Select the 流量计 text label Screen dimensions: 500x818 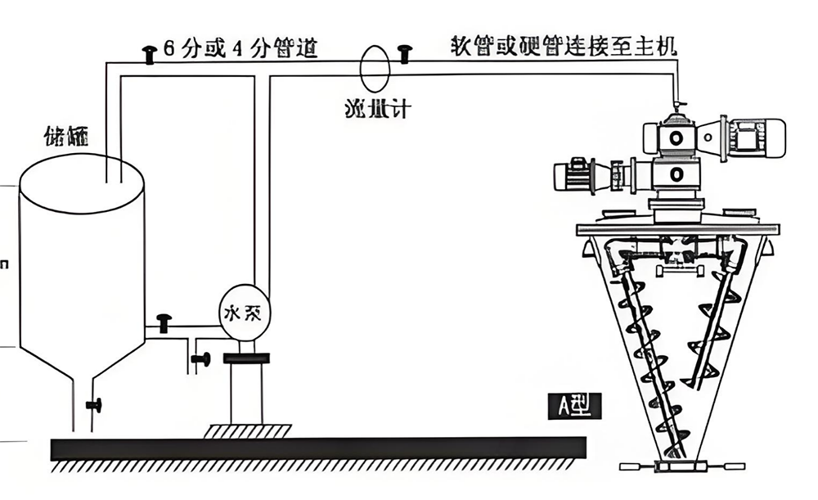pos(375,107)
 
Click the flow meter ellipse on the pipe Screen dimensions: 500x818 pos(376,69)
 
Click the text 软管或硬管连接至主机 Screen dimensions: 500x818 pos(564,44)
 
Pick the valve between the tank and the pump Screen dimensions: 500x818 pos(164,322)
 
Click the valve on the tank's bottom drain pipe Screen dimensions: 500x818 pos(95,403)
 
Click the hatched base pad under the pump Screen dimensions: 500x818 pos(246,430)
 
